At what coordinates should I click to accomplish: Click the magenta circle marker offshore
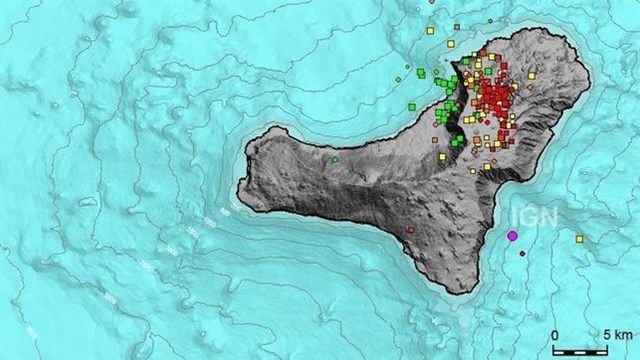(513, 236)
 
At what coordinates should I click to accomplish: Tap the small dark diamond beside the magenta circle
(522, 254)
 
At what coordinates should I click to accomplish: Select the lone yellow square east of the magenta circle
(579, 239)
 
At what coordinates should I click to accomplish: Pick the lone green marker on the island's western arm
(336, 158)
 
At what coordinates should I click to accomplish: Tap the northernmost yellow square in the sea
(429, 30)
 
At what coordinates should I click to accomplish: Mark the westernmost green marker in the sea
(410, 105)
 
